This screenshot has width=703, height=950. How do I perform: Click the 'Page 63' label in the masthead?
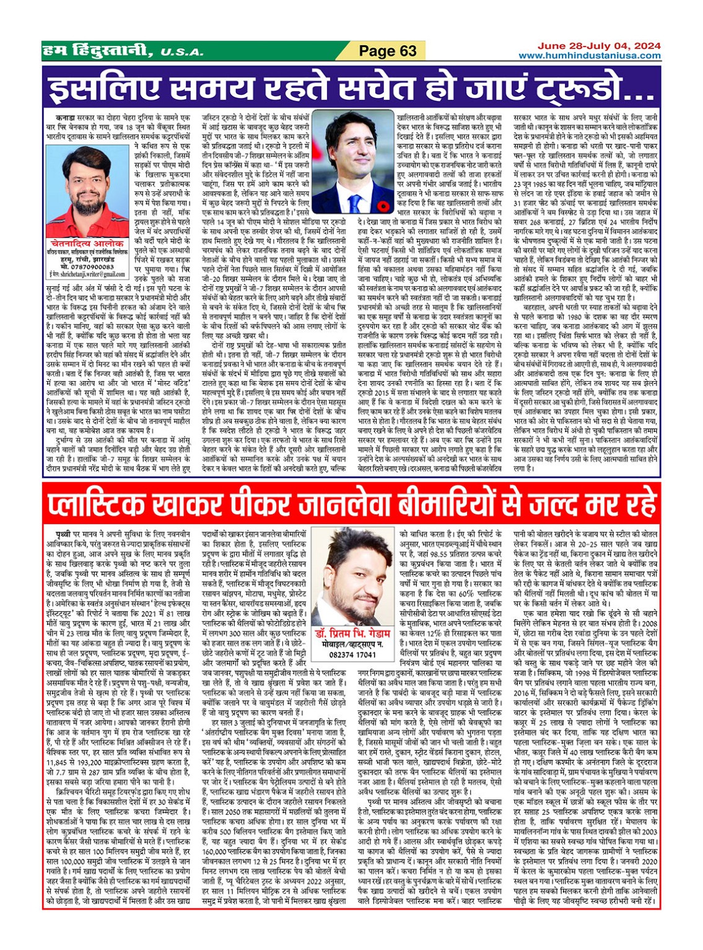coord(388,51)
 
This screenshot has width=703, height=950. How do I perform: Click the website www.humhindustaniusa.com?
coord(589,56)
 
